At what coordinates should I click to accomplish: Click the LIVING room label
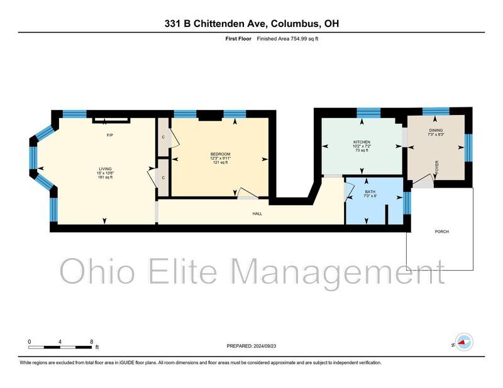pyautogui.click(x=105, y=169)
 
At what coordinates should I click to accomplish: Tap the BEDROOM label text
pyautogui.click(x=221, y=154)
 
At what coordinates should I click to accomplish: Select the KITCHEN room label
pyautogui.click(x=362, y=142)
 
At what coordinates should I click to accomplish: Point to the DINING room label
pyautogui.click(x=436, y=130)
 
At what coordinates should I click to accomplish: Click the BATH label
pyautogui.click(x=370, y=191)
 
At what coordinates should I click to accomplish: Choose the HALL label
pyautogui.click(x=257, y=213)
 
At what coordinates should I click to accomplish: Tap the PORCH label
pyautogui.click(x=442, y=231)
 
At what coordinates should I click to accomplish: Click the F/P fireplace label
pyautogui.click(x=109, y=135)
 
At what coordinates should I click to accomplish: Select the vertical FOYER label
pyautogui.click(x=436, y=167)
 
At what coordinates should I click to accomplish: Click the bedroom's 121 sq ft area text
pyautogui.click(x=221, y=163)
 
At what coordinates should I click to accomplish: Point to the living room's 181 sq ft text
pyautogui.click(x=105, y=177)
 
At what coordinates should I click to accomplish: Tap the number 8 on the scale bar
pyautogui.click(x=92, y=342)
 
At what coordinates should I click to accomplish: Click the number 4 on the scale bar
pyautogui.click(x=60, y=342)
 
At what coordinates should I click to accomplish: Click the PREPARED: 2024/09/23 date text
pyautogui.click(x=251, y=346)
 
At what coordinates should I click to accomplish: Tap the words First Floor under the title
pyautogui.click(x=238, y=39)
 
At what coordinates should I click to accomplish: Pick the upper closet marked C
pyautogui.click(x=163, y=137)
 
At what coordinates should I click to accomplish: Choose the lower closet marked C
pyautogui.click(x=163, y=178)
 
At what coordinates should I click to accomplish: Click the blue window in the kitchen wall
pyautogui.click(x=368, y=113)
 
